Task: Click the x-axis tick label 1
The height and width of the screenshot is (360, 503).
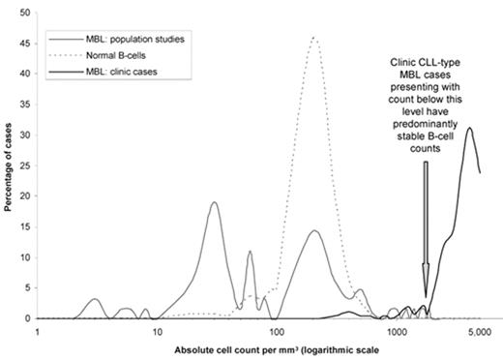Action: tap(37, 331)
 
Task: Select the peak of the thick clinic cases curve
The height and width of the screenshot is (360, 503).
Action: tap(470, 128)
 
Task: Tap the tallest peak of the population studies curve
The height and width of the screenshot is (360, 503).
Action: tap(214, 202)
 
